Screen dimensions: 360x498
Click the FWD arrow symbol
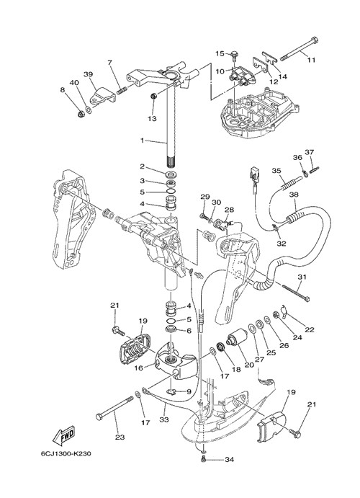(65, 435)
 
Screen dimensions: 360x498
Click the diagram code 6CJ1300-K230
(66, 453)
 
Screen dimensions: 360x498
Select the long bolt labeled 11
(299, 49)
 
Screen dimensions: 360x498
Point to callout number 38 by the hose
(294, 195)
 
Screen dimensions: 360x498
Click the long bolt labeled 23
(114, 408)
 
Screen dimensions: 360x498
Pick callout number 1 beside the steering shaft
(143, 140)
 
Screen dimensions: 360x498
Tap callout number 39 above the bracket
(88, 74)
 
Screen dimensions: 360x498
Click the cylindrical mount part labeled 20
(236, 337)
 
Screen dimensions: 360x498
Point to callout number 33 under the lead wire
(164, 419)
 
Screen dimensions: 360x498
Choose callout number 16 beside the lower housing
(139, 368)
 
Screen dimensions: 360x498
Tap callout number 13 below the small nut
(152, 118)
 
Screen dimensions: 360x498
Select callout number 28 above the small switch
(229, 210)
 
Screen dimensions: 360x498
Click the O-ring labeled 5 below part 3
(171, 192)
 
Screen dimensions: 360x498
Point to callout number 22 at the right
(310, 329)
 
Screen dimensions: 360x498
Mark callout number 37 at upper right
(310, 152)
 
